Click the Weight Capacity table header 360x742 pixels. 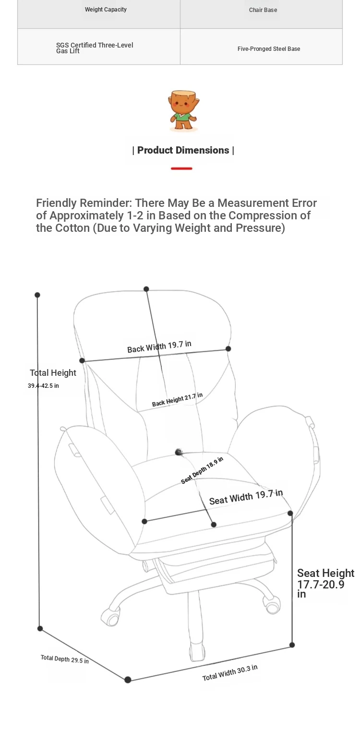(x=106, y=10)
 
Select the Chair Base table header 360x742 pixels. (x=263, y=10)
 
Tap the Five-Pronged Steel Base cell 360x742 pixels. (x=269, y=48)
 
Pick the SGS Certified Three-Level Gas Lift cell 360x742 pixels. (x=95, y=48)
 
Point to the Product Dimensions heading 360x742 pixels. (x=183, y=150)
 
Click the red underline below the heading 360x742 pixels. (x=181, y=168)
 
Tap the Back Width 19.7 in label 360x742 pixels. (x=159, y=347)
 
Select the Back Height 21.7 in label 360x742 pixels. (x=177, y=399)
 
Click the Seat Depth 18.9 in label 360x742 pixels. (x=202, y=470)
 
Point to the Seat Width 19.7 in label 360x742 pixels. (x=246, y=497)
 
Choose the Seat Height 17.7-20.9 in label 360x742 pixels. (x=325, y=583)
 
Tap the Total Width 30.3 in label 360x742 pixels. (x=230, y=673)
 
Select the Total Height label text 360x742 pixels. (x=53, y=373)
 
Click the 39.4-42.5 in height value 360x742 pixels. (x=43, y=385)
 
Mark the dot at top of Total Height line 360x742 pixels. (x=37, y=295)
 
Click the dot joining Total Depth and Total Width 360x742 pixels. (x=128, y=680)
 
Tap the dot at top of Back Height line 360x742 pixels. (x=146, y=289)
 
